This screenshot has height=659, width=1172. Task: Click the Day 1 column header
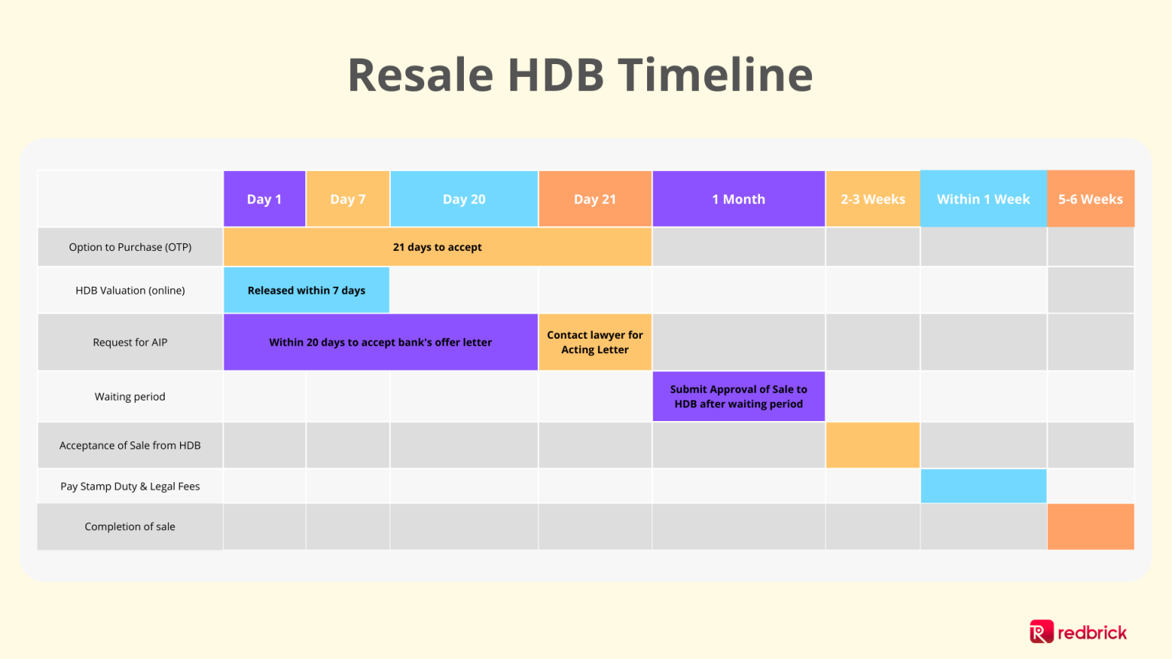point(264,199)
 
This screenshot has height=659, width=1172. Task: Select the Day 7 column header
point(348,199)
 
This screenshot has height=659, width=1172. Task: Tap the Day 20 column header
point(464,199)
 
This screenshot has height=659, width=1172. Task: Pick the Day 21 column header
point(595,199)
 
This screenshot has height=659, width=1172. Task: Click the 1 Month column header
point(739,199)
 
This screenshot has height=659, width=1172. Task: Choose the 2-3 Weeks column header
point(873,199)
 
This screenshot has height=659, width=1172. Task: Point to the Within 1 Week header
point(984,199)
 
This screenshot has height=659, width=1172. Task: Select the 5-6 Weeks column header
point(1090,199)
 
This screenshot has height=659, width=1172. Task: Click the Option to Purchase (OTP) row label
point(130,247)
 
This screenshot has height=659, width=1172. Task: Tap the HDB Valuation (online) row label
point(130,291)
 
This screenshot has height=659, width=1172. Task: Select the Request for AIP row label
point(130,342)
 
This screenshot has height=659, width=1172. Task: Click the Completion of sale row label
point(130,527)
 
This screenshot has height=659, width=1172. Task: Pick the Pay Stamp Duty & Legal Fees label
point(130,487)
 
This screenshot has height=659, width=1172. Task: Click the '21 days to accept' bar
point(437,247)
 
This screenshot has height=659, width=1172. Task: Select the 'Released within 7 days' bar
point(306,291)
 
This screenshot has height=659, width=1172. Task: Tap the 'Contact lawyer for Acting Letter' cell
point(595,342)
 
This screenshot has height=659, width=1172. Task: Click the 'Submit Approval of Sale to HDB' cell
point(739,397)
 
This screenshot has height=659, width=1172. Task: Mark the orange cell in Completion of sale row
point(1090,527)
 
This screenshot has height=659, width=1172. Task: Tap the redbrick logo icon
point(1042,632)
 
